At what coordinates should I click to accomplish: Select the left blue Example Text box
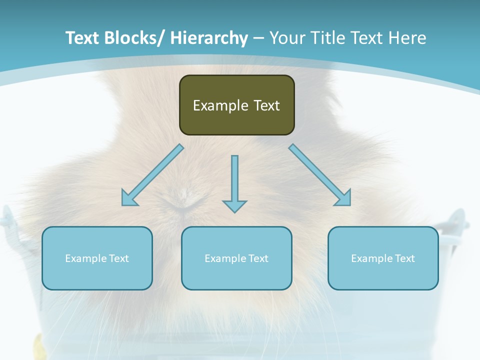click(97, 258)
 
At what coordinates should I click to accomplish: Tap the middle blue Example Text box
click(236, 258)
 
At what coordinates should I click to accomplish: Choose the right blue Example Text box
click(383, 258)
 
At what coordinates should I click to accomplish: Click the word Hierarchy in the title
click(209, 38)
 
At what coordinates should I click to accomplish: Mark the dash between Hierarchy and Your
click(258, 39)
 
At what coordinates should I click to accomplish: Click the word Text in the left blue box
click(119, 258)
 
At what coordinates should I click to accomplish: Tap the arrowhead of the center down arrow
click(234, 205)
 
